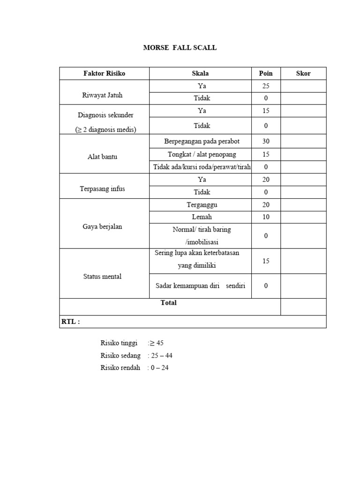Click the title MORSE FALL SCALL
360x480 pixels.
[x=180, y=48]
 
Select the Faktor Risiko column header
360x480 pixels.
[x=104, y=74]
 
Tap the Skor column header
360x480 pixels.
[x=303, y=74]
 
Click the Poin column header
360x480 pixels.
[x=266, y=74]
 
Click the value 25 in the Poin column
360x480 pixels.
[x=266, y=86]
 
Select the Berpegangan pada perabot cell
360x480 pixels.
[x=200, y=141]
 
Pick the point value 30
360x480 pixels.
[x=266, y=141]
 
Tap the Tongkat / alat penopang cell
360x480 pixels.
[x=200, y=154]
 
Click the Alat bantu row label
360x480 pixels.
[x=102, y=157]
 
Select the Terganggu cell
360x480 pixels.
[x=202, y=205]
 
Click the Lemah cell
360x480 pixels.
[x=202, y=217]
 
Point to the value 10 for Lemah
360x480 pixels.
[x=266, y=217]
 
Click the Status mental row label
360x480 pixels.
[x=102, y=277]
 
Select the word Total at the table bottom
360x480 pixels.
[x=169, y=303]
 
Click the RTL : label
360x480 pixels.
[x=71, y=322]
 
